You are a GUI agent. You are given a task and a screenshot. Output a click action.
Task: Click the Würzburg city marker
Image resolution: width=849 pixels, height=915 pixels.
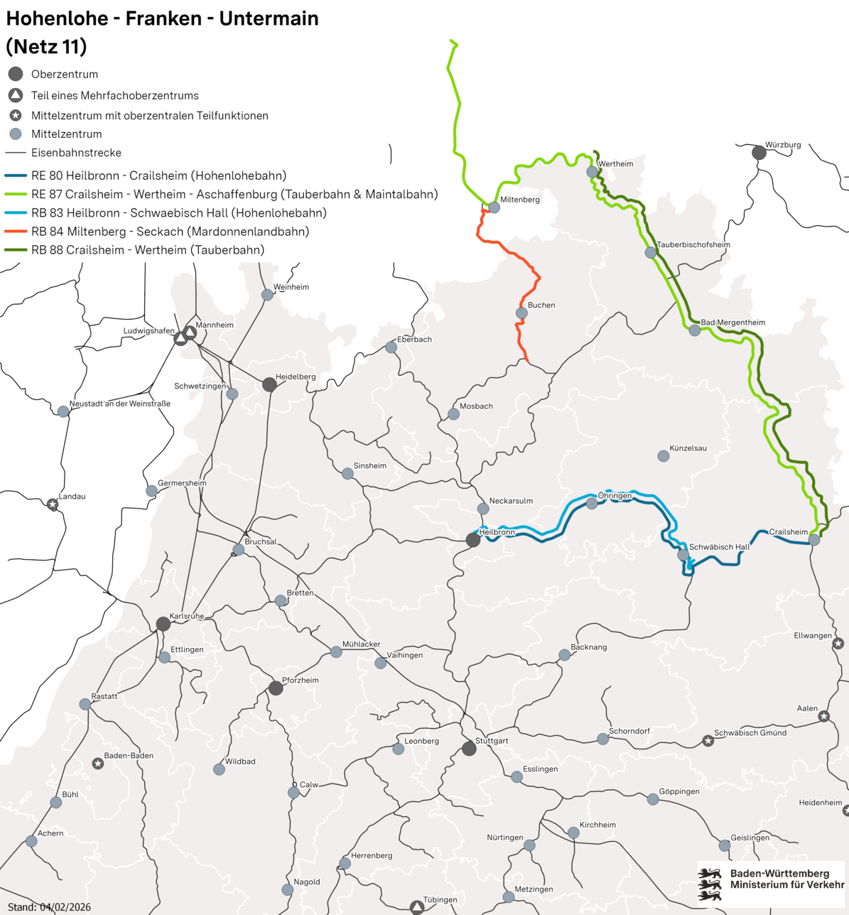(759, 152)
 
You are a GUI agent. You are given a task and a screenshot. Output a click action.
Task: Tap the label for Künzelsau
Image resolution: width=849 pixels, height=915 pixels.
(688, 448)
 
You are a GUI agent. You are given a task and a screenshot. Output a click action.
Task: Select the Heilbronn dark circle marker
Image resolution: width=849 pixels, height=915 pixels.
(473, 540)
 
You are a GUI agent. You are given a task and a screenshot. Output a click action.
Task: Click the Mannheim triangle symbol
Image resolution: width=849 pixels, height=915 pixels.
(190, 332)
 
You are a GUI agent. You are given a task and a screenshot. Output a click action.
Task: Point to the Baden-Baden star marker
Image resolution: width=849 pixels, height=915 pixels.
(98, 763)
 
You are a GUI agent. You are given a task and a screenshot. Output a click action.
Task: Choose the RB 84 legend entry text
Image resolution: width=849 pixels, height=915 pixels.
(170, 232)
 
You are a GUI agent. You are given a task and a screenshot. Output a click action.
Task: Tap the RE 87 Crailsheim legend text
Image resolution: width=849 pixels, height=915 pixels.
(234, 194)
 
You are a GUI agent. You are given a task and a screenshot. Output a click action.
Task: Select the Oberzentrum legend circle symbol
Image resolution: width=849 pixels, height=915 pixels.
(16, 74)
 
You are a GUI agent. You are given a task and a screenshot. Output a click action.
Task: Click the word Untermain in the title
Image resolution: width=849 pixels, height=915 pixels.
(269, 18)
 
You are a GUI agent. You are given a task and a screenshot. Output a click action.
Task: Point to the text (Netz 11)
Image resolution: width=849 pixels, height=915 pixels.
(46, 47)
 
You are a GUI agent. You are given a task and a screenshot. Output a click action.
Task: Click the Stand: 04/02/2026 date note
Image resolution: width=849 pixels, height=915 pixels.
(49, 907)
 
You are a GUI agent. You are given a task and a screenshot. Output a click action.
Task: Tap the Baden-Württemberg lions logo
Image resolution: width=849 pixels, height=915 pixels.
(710, 884)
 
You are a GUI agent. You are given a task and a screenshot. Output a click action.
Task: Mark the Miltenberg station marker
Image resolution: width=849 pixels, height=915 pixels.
(494, 207)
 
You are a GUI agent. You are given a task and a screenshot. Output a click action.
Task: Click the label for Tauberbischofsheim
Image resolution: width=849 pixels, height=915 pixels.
(693, 245)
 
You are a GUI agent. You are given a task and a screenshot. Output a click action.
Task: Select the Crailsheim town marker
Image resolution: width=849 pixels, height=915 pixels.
(814, 540)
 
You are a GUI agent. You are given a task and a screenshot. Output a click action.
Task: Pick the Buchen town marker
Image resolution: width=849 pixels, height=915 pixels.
(521, 313)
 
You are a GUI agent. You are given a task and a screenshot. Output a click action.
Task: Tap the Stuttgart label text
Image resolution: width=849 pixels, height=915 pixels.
(492, 741)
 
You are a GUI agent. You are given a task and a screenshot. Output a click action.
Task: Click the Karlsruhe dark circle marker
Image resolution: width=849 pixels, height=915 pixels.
(163, 624)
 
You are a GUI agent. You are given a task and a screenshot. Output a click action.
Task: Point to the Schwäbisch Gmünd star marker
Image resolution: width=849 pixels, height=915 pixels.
(708, 741)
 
